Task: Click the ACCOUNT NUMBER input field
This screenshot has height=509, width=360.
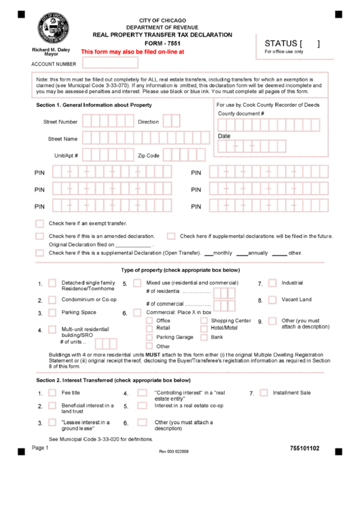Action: (x=109, y=63)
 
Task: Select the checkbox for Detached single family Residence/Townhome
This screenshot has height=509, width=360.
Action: (x=52, y=284)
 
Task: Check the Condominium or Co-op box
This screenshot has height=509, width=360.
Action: (x=52, y=300)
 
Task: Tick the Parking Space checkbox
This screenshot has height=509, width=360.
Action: (x=52, y=313)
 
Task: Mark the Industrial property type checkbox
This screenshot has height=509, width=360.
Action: (x=272, y=283)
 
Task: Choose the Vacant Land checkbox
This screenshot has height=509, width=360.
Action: (x=272, y=300)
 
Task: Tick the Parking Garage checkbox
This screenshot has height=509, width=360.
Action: (x=149, y=337)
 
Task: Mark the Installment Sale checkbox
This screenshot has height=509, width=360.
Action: (x=264, y=393)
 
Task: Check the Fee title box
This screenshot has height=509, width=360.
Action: (x=52, y=393)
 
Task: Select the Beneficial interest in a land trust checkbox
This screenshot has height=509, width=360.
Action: (x=52, y=406)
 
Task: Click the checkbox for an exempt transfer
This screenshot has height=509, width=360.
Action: (x=39, y=223)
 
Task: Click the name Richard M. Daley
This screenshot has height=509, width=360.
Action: (x=51, y=50)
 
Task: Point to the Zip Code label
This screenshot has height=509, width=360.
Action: (x=148, y=156)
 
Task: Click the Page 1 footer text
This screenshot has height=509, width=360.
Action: (x=39, y=448)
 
